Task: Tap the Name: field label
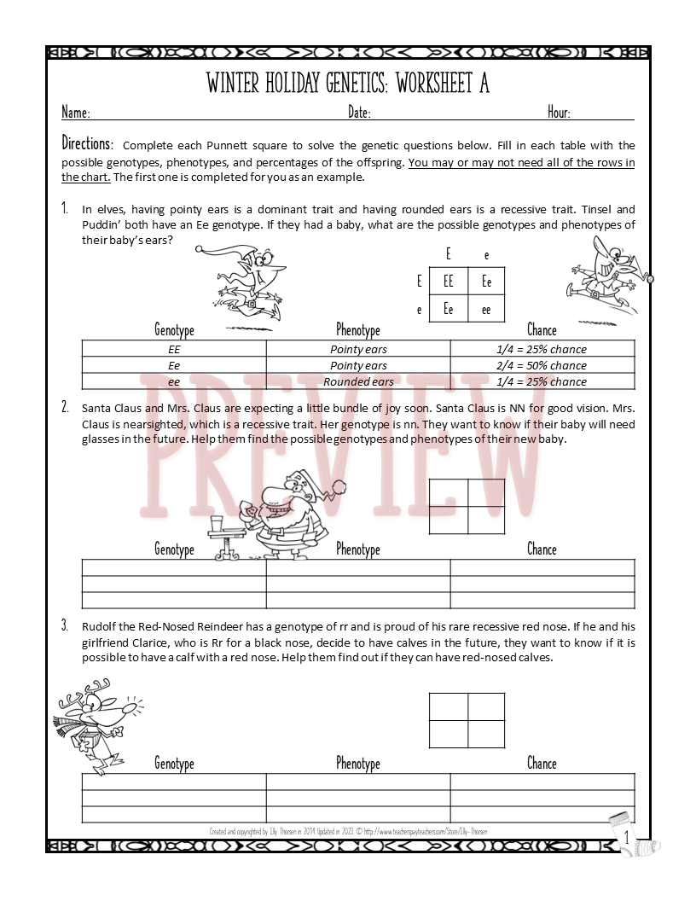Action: [x=76, y=113]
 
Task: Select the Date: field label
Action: [x=359, y=113]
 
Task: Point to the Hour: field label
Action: [x=559, y=113]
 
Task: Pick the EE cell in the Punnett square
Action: [x=449, y=281]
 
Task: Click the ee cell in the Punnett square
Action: [x=486, y=310]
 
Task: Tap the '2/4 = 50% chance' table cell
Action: [x=542, y=365]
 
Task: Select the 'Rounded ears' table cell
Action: [x=358, y=381]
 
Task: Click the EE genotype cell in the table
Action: [x=174, y=349]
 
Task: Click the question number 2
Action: [x=65, y=407]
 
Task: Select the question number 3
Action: [x=65, y=625]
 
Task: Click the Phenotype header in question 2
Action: [x=358, y=549]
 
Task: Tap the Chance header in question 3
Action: [x=542, y=764]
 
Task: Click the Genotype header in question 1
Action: [x=174, y=330]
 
